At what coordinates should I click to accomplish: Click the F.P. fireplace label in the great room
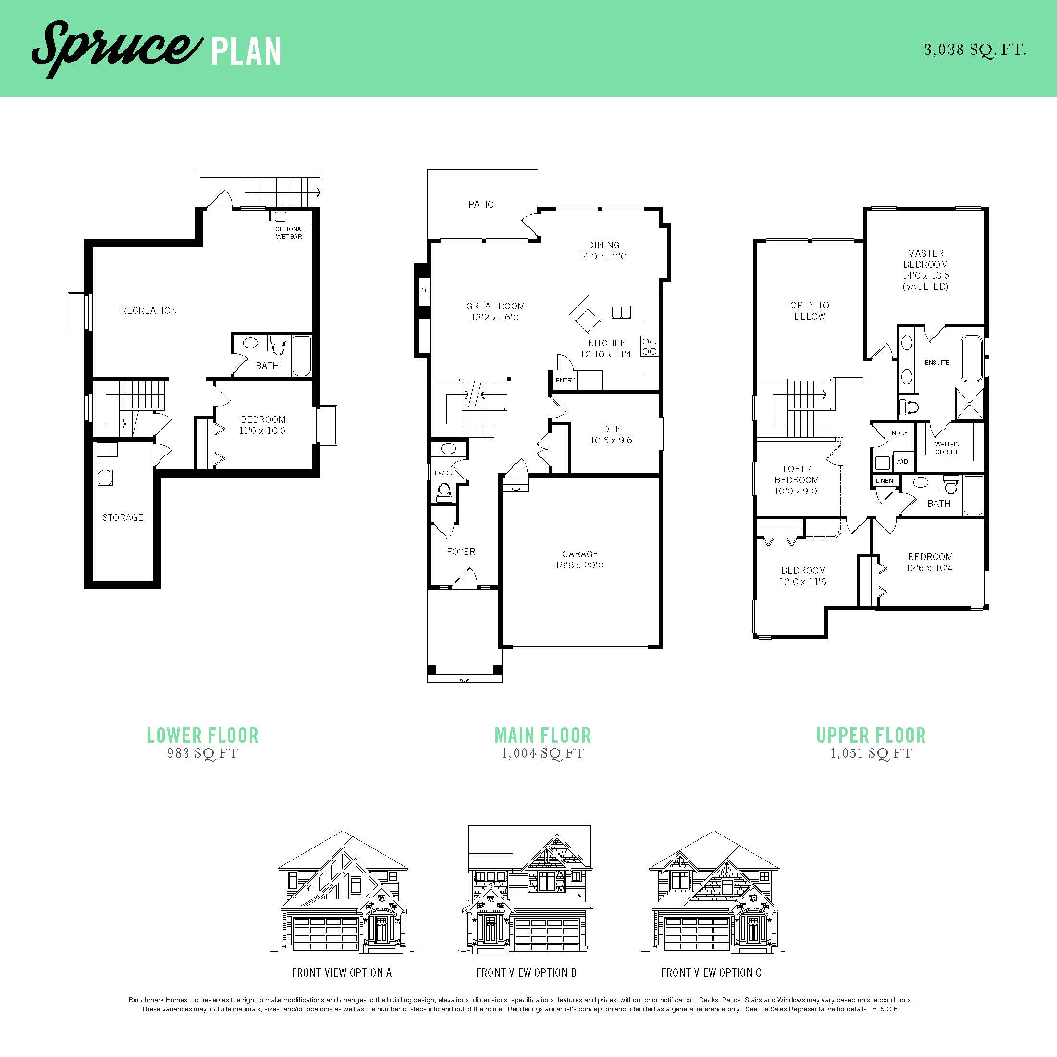click(425, 293)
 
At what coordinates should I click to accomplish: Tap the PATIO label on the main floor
click(481, 204)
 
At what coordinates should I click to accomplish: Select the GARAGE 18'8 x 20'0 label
click(579, 559)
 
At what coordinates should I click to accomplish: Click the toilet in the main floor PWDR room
click(443, 492)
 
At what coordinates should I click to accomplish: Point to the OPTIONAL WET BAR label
click(289, 233)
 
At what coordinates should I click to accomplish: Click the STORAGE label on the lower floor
click(123, 517)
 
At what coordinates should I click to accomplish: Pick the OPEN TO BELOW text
click(809, 310)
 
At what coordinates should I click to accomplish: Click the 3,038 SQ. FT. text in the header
click(975, 50)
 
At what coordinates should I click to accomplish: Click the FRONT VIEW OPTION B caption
click(526, 972)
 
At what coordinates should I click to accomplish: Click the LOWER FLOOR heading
click(202, 735)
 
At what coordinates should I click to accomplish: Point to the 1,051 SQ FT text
click(871, 753)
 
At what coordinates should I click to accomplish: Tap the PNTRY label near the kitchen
click(565, 380)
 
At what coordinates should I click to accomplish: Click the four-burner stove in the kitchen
click(650, 346)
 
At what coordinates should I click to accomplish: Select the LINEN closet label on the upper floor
click(884, 481)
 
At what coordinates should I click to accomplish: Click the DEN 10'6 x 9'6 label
click(612, 434)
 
